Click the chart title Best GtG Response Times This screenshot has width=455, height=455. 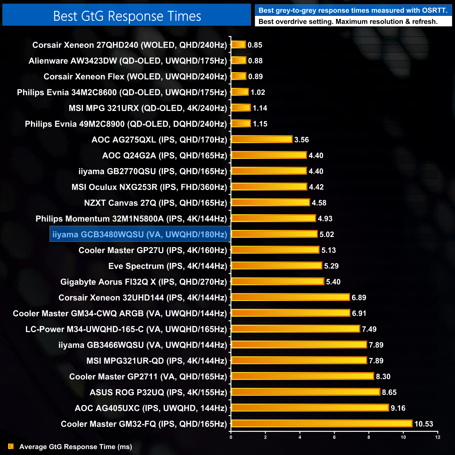[x=127, y=16]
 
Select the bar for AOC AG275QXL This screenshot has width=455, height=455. [x=262, y=139]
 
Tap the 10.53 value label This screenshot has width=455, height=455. [x=423, y=424]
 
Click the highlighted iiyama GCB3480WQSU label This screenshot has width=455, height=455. [x=140, y=234]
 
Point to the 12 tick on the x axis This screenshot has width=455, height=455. [x=437, y=437]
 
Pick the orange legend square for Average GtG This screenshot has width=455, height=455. [x=11, y=446]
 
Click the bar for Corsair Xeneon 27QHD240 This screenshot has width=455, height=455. [x=239, y=45]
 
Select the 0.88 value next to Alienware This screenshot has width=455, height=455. [x=255, y=61]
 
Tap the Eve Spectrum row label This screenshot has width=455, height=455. [x=168, y=266]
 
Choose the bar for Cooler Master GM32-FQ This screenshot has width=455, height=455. [x=322, y=423]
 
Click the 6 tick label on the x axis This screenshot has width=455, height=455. [x=334, y=437]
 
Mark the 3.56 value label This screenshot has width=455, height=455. [x=301, y=140]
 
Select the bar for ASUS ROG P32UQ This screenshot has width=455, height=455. [x=306, y=392]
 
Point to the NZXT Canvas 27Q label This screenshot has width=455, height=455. [x=155, y=203]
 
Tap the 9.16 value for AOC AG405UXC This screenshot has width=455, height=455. [x=398, y=408]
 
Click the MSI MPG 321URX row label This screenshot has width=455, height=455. [x=148, y=108]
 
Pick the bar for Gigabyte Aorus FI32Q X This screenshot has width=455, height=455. [x=278, y=281]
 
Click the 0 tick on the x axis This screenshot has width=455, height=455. [x=231, y=437]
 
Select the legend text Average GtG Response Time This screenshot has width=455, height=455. [x=76, y=447]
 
